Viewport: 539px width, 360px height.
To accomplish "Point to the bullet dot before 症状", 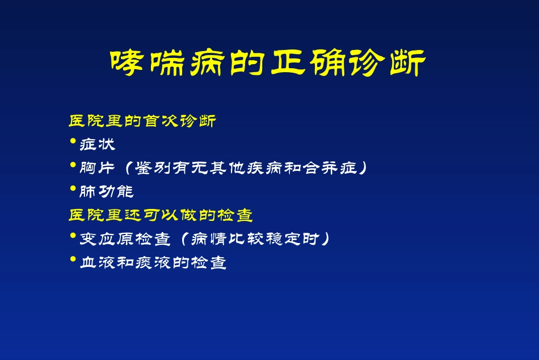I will click(x=73, y=141).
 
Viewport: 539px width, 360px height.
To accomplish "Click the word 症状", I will click(x=97, y=145).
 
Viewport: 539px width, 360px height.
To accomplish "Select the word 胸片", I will click(x=97, y=168).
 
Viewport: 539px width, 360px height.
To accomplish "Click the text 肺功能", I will click(x=106, y=192).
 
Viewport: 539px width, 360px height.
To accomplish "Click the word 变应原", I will click(x=106, y=240).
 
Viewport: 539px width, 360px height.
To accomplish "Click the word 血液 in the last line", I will click(x=97, y=263).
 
